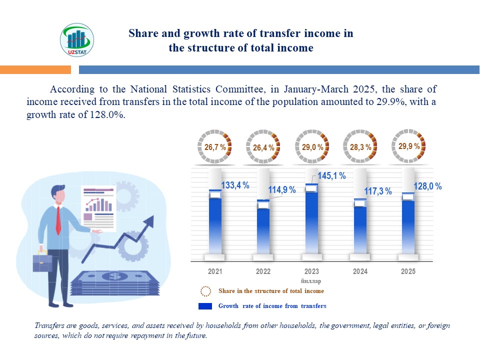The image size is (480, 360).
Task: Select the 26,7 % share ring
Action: pos(215,146)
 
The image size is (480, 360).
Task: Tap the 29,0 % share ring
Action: pos(312,146)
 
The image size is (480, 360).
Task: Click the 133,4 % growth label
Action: pos(235,185)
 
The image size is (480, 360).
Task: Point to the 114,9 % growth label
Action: pos(282,190)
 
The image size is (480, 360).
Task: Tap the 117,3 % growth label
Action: pos(378,191)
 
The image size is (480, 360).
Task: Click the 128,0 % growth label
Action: pos(427,186)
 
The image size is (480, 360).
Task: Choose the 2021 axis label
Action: pos(215,271)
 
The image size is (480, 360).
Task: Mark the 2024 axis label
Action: pos(360,271)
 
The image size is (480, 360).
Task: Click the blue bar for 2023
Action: pos(311,220)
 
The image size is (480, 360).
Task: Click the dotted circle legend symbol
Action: pos(205,291)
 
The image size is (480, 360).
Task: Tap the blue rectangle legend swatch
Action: pos(205,306)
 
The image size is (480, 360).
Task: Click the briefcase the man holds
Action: pos(42,261)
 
